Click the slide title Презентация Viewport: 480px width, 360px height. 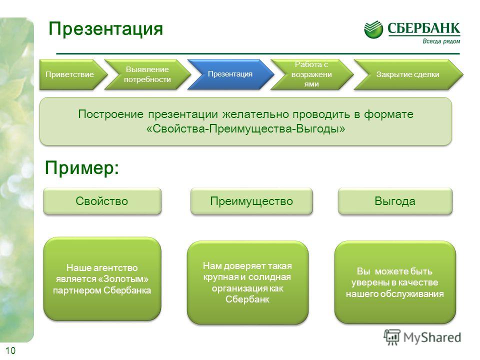click(x=105, y=29)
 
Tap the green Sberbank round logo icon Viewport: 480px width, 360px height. click(x=373, y=29)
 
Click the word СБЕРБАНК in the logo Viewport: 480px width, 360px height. click(x=423, y=28)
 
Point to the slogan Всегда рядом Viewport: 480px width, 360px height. click(x=441, y=41)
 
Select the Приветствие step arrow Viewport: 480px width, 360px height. click(x=73, y=74)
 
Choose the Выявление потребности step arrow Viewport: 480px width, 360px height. click(x=147, y=74)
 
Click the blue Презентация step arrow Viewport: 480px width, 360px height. click(x=230, y=74)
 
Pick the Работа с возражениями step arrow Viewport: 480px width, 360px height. click(x=311, y=74)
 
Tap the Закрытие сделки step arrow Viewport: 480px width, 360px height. click(x=408, y=74)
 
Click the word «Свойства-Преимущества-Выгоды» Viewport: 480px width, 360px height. click(x=245, y=128)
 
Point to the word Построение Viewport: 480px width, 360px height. click(x=110, y=114)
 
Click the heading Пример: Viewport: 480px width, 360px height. click(x=81, y=168)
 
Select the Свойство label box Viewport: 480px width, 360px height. click(x=102, y=201)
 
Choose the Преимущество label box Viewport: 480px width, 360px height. click(x=251, y=201)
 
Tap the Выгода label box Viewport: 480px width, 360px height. click(x=395, y=201)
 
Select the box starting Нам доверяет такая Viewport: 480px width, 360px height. click(x=247, y=282)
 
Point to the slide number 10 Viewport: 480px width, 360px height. click(x=10, y=350)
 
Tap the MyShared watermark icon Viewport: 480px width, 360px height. click(x=392, y=337)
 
